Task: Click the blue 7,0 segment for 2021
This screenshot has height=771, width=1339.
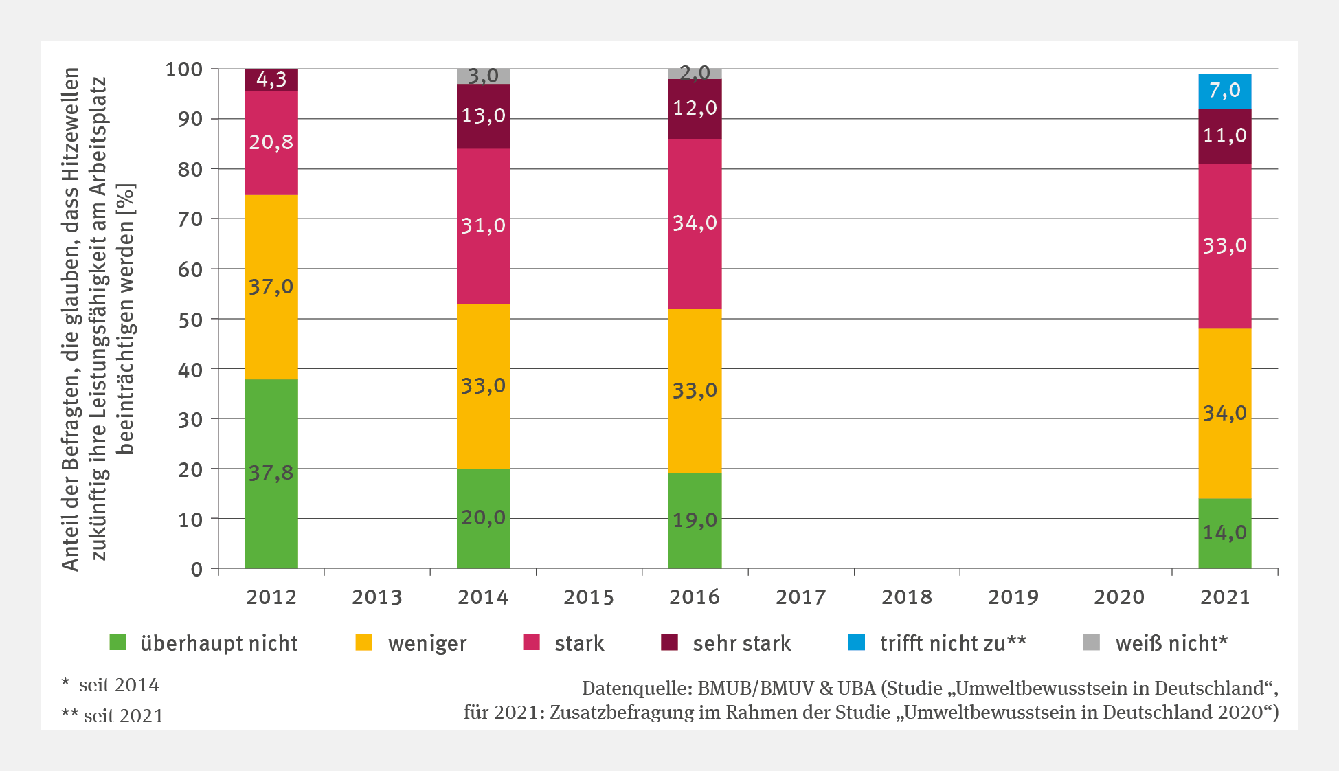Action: [1224, 91]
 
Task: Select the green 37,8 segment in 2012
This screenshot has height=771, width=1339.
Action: [271, 473]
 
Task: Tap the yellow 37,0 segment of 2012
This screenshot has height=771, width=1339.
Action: [271, 287]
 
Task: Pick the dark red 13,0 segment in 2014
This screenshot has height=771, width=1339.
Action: [483, 116]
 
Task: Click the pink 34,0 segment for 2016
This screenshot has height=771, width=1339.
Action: [695, 223]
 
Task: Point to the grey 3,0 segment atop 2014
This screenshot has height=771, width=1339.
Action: [483, 76]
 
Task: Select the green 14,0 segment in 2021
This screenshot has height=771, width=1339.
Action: [1224, 533]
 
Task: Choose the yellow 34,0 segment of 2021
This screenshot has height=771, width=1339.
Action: [1224, 413]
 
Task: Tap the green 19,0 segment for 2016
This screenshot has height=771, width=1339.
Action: [695, 520]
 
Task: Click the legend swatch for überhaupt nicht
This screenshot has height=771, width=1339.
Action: [118, 642]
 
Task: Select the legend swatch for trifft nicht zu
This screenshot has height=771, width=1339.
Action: [857, 642]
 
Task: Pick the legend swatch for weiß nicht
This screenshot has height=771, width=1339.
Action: [1091, 642]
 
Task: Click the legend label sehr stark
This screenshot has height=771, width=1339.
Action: [741, 643]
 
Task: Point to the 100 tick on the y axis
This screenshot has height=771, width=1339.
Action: [184, 69]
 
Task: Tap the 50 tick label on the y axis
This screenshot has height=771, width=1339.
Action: [190, 320]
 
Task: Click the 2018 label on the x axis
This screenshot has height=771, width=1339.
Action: [907, 597]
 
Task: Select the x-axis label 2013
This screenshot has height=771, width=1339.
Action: [377, 597]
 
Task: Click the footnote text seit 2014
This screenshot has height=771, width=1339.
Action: [118, 685]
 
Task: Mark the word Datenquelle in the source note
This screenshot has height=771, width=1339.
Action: [635, 689]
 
